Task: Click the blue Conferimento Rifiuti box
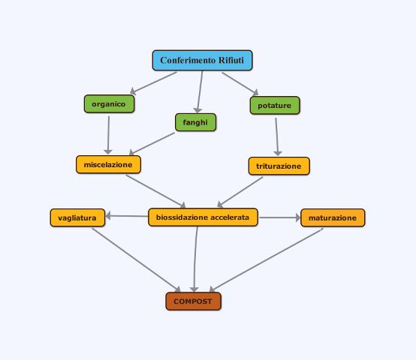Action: click(202, 60)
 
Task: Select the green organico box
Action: click(109, 103)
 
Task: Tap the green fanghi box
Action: click(195, 122)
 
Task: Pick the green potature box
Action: click(275, 106)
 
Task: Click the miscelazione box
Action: click(108, 164)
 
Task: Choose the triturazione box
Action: click(279, 166)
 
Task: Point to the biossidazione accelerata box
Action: click(203, 217)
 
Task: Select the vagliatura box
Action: click(77, 217)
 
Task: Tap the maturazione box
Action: click(333, 217)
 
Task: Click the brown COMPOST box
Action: click(193, 301)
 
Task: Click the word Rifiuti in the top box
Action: click(231, 60)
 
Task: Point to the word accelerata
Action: click(234, 217)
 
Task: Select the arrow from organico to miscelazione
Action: click(108, 135)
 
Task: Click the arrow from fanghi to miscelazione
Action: click(152, 143)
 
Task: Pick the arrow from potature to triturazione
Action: click(277, 136)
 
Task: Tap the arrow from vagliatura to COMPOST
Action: click(136, 260)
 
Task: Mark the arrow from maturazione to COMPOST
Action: click(266, 260)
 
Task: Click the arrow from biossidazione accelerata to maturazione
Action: click(279, 217)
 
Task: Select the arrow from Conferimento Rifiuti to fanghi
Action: click(200, 92)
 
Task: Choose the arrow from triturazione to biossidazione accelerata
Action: click(240, 192)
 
